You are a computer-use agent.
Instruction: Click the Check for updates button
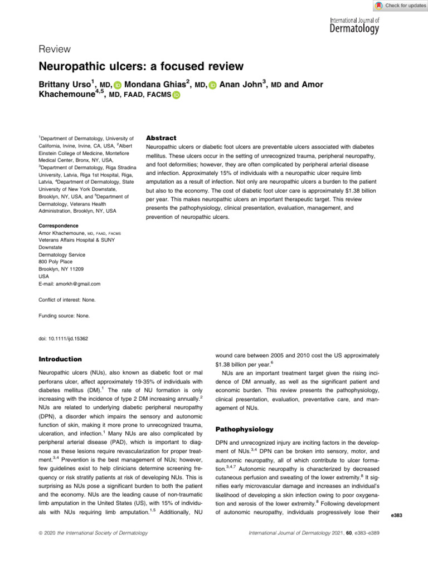click(399, 6)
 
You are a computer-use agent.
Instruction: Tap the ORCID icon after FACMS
click(176, 96)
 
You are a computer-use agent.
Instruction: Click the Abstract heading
click(161, 137)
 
